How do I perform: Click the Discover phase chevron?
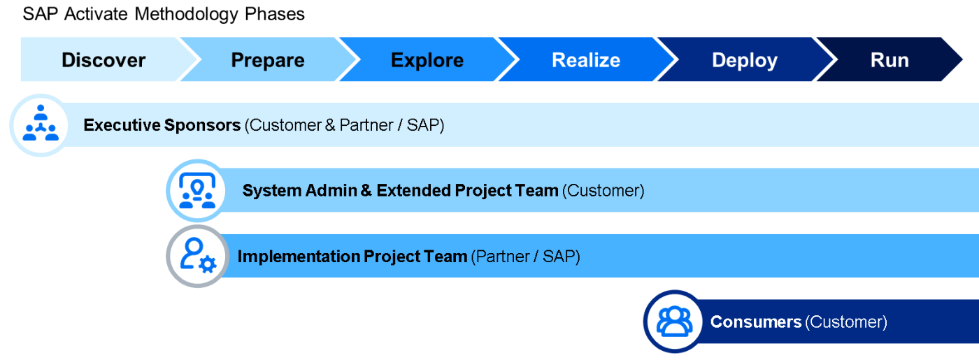104,59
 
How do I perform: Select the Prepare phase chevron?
267,59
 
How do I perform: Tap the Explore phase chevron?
427,59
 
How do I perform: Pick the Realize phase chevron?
586,59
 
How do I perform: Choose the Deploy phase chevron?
745,59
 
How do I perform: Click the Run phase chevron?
889,59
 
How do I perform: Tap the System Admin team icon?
197,190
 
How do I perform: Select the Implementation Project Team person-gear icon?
197,256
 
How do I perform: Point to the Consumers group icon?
675,322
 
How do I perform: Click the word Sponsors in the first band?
202,125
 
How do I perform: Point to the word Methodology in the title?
186,15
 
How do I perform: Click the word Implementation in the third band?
298,257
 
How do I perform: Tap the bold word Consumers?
756,322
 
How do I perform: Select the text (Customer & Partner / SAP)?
344,125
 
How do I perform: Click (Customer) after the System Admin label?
603,191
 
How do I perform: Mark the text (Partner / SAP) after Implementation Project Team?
525,257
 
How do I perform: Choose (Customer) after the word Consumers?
846,322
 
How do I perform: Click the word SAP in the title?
41,14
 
